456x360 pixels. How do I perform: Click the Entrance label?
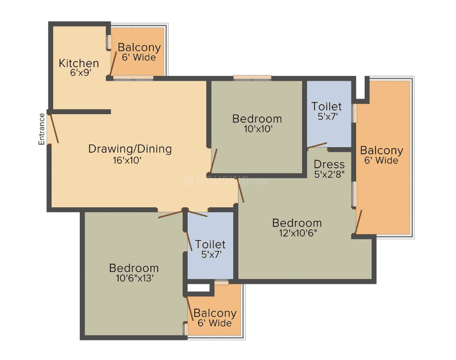[42, 129]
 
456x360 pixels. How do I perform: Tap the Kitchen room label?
[79, 63]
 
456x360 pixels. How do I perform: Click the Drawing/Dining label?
[130, 149]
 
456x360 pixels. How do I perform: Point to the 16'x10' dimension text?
[127, 160]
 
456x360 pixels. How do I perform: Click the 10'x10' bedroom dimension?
[258, 129]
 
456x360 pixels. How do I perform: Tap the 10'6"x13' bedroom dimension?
[135, 278]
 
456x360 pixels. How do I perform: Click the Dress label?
[329, 165]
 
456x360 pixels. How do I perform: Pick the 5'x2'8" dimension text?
[329, 174]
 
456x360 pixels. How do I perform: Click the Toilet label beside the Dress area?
[326, 106]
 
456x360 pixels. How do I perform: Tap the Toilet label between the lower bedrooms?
[210, 245]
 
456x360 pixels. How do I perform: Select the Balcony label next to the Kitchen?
[139, 47]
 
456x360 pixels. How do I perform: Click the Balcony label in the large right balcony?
[382, 151]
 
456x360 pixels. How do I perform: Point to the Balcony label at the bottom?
[215, 313]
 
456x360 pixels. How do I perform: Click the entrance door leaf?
[54, 129]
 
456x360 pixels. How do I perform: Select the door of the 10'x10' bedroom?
[214, 161]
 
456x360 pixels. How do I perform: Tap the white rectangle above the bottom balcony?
[198, 288]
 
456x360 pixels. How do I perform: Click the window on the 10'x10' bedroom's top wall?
[252, 77]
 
